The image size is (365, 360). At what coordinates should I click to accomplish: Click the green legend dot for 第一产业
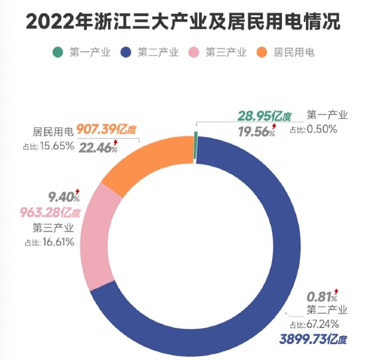tap(58, 52)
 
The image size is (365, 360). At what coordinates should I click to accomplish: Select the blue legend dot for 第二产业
tap(124, 52)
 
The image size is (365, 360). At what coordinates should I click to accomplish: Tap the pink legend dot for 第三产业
tap(192, 52)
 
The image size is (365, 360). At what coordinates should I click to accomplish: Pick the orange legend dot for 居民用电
tap(261, 52)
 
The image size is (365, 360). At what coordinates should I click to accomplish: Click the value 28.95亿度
tap(263, 117)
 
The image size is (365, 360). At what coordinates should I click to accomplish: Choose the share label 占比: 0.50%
tap(316, 129)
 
